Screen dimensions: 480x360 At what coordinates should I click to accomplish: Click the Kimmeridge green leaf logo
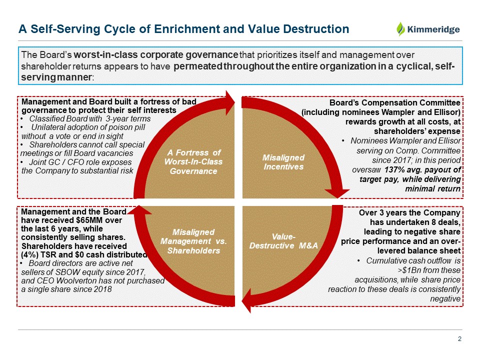click(401, 29)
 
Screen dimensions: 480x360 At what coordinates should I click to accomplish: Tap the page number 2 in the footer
click(459, 339)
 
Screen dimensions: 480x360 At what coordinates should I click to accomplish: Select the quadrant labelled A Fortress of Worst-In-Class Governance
click(193, 161)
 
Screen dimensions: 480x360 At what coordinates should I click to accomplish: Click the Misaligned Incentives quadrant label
click(283, 161)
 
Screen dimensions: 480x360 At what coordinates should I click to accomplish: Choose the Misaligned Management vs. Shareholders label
click(194, 240)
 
